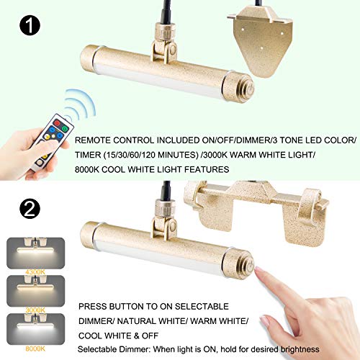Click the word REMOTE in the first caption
(x=95, y=141)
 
